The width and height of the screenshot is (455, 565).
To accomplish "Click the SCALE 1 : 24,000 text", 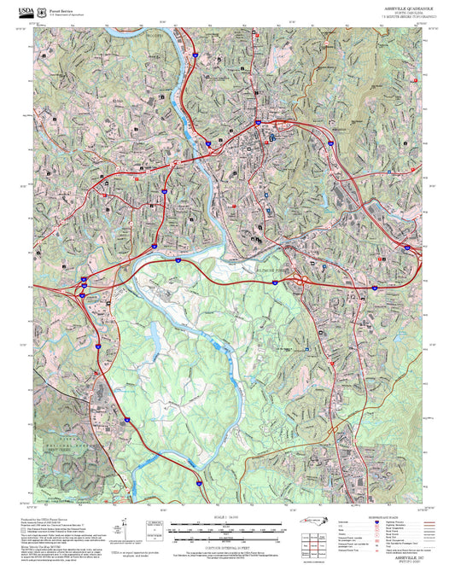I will (x=226, y=517).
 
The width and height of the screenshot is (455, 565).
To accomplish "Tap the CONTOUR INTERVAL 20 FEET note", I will (x=227, y=545).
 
